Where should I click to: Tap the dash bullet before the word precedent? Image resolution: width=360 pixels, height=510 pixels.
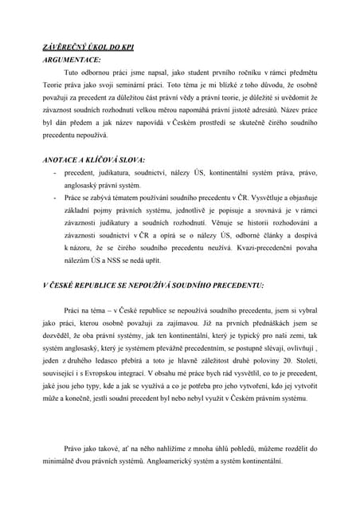pyautogui.click(x=53, y=173)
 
